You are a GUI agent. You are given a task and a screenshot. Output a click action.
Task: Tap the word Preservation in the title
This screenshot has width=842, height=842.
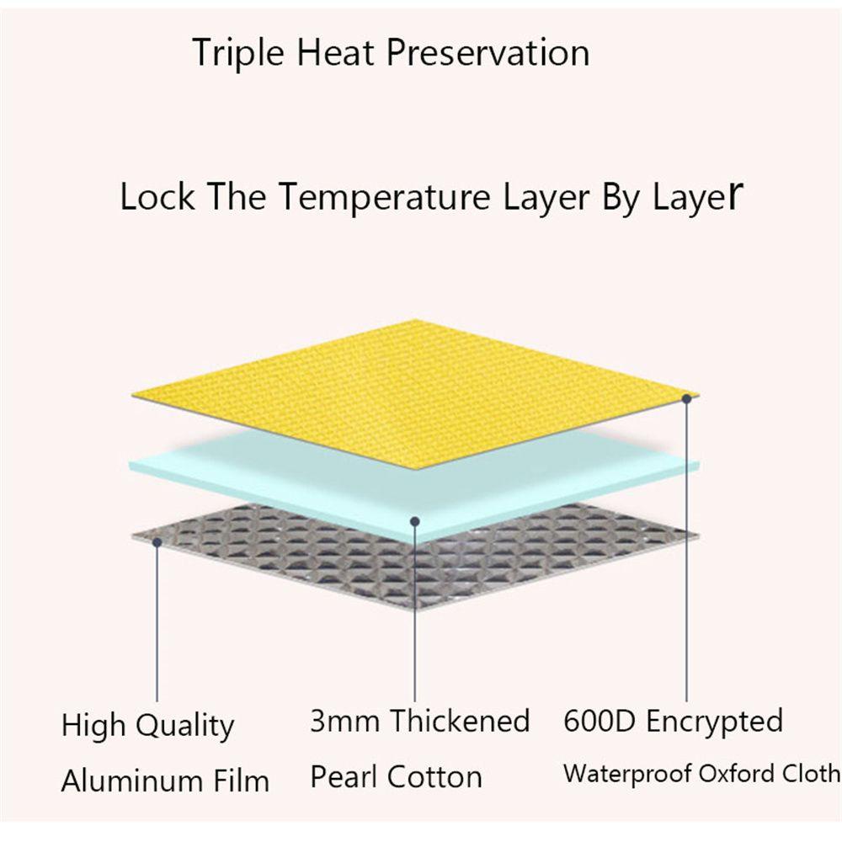pyautogui.click(x=488, y=52)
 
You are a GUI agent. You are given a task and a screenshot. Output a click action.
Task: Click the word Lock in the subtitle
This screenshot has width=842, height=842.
pyautogui.click(x=157, y=196)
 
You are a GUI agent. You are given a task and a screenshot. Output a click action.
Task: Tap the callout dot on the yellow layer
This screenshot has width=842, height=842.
pyautogui.click(x=686, y=398)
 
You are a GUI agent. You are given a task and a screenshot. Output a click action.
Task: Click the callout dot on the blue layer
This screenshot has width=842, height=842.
pyautogui.click(x=414, y=521)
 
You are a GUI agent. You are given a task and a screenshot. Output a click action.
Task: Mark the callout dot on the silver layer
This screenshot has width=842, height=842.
pyautogui.click(x=157, y=542)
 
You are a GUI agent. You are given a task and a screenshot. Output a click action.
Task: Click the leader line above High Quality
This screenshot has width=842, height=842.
pyautogui.click(x=157, y=624)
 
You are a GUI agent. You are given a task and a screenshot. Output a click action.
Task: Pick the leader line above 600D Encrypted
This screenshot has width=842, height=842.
pyautogui.click(x=686, y=552)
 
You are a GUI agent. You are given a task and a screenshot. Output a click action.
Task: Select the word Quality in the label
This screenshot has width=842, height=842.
pyautogui.click(x=184, y=726)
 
